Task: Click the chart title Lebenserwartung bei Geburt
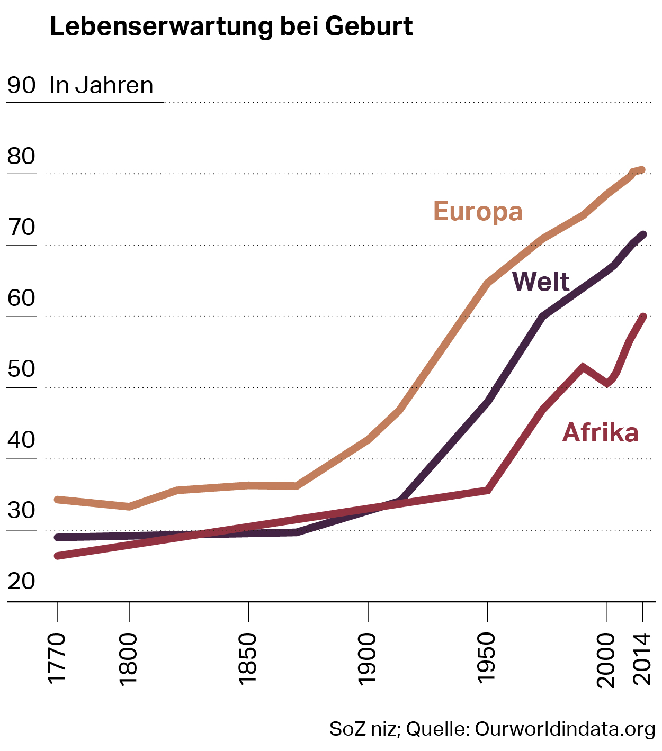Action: (231, 26)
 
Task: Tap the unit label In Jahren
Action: (101, 85)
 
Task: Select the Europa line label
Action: (478, 211)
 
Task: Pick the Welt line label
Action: (541, 282)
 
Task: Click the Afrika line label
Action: (600, 432)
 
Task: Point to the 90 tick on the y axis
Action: (22, 85)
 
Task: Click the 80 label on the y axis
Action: (22, 156)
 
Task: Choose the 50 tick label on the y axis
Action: (22, 369)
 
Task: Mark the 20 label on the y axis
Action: (22, 581)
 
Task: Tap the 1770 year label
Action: (57, 658)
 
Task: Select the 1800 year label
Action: (129, 659)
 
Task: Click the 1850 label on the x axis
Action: (248, 659)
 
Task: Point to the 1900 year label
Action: (367, 659)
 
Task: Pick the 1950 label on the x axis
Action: (486, 659)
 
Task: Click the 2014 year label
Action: (642, 659)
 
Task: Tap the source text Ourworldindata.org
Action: (565, 729)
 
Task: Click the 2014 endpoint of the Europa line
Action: (642, 170)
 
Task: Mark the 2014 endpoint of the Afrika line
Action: (643, 317)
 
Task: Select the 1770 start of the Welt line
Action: (58, 537)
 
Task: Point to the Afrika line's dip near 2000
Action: (608, 383)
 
